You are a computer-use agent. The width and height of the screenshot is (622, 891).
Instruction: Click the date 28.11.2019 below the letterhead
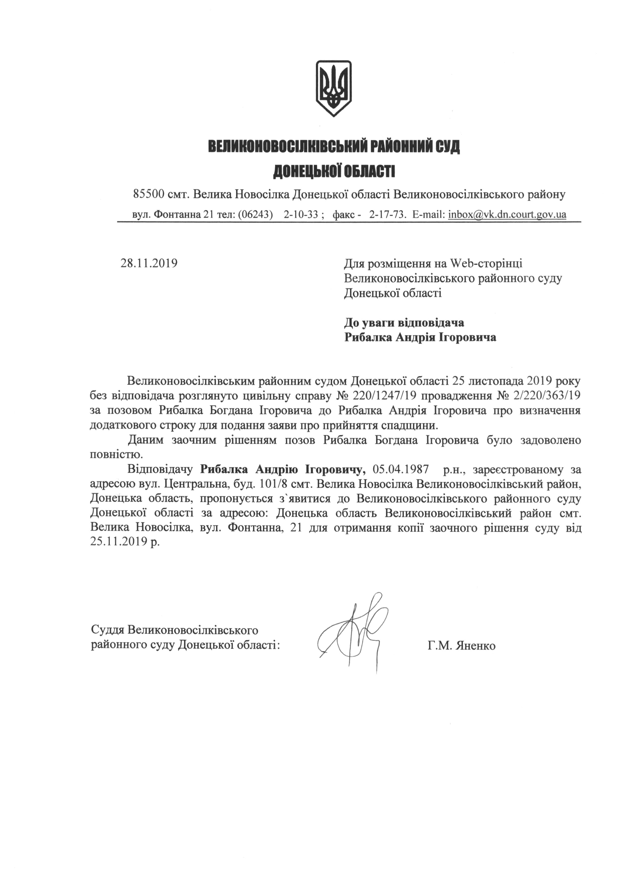click(x=149, y=263)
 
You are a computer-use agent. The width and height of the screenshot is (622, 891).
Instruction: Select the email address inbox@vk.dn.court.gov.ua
click(x=507, y=215)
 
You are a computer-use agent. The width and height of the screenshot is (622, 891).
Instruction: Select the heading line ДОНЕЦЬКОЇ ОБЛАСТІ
click(x=334, y=171)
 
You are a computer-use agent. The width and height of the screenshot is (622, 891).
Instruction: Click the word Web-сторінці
click(x=486, y=263)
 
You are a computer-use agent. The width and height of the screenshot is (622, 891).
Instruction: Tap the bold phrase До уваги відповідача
click(x=404, y=322)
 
